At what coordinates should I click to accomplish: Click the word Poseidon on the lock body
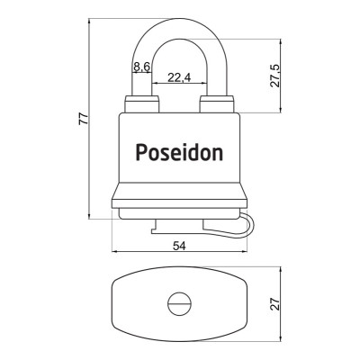click(x=179, y=152)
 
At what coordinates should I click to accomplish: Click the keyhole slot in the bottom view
click(x=178, y=304)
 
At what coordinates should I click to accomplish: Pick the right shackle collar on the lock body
click(x=216, y=105)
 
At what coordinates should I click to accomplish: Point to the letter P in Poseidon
click(x=141, y=152)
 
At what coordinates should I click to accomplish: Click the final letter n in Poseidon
click(x=217, y=152)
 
